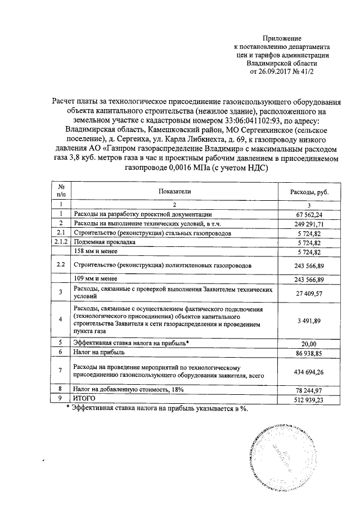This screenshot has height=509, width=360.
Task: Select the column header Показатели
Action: point(174,192)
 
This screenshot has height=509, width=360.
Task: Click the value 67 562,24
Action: point(309,214)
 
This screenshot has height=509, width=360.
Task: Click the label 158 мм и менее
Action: point(95,251)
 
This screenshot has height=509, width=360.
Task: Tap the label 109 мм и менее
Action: point(95,278)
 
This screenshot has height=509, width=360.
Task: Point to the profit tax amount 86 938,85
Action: point(309,352)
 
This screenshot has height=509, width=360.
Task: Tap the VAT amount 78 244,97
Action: point(309,389)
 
